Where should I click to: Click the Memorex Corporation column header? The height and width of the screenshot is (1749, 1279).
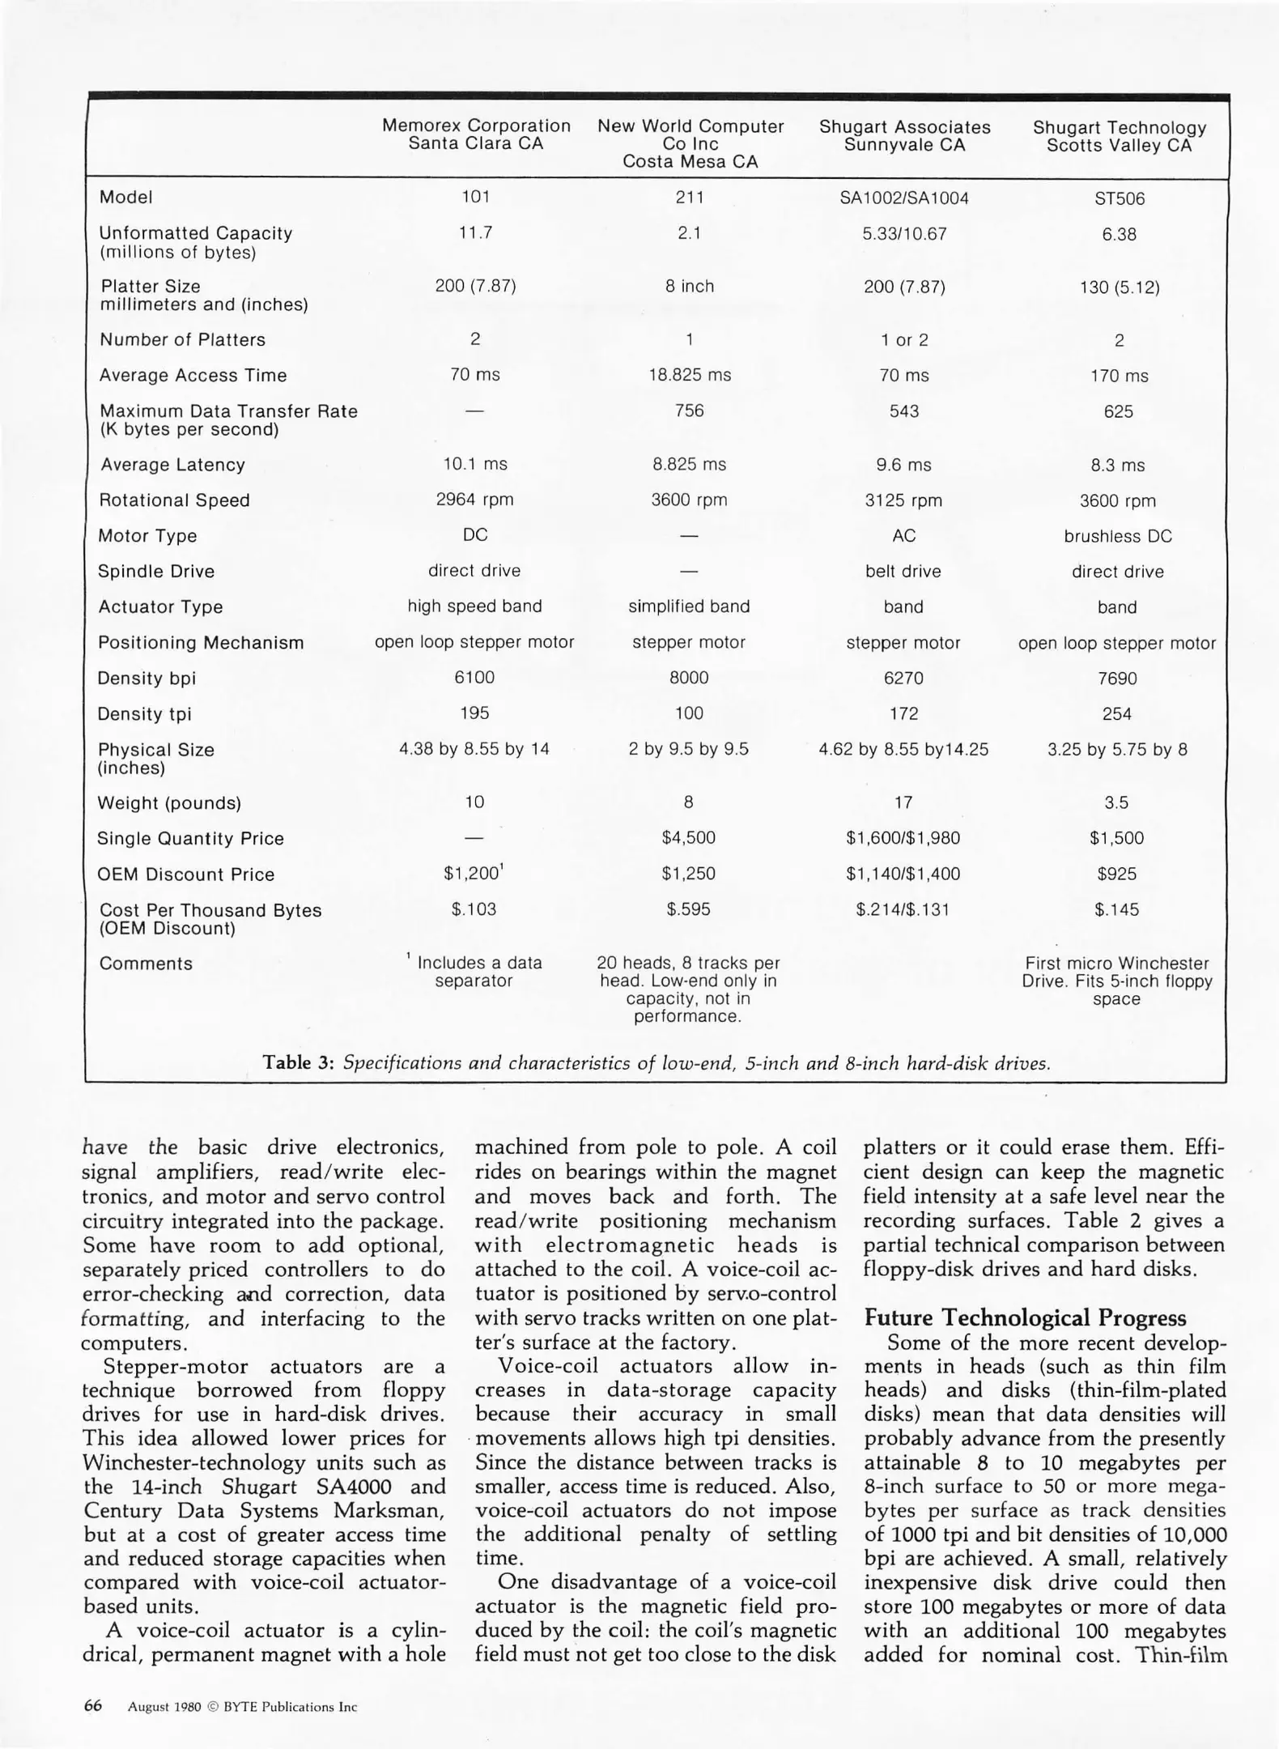pyautogui.click(x=476, y=134)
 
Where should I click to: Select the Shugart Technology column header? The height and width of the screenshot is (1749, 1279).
pyautogui.click(x=1120, y=136)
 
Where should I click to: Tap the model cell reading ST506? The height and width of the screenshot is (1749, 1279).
pyautogui.click(x=1120, y=198)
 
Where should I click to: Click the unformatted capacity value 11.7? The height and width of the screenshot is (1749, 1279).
pyautogui.click(x=475, y=233)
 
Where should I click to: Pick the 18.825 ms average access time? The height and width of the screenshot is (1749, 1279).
pyautogui.click(x=690, y=375)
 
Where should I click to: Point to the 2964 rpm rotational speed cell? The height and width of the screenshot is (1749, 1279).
pyautogui.click(x=474, y=500)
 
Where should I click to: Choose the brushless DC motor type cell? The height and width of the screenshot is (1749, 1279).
pyautogui.click(x=1118, y=536)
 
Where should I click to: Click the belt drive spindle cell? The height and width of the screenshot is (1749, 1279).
pyautogui.click(x=903, y=572)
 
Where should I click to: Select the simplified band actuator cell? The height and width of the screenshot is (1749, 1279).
pyautogui.click(x=689, y=606)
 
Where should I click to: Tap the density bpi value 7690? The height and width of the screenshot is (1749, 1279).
pyautogui.click(x=1118, y=679)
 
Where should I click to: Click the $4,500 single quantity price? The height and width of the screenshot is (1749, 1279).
pyautogui.click(x=689, y=838)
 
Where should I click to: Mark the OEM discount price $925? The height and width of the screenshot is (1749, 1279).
pyautogui.click(x=1117, y=874)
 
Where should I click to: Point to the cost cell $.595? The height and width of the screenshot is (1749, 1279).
pyautogui.click(x=689, y=909)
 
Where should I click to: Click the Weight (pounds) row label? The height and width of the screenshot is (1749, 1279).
pyautogui.click(x=169, y=803)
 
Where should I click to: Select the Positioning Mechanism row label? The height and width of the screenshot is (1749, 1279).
pyautogui.click(x=201, y=643)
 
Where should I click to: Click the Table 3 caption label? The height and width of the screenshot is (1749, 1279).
pyautogui.click(x=298, y=1062)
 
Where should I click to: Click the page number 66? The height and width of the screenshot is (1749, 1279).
pyautogui.click(x=93, y=1706)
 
